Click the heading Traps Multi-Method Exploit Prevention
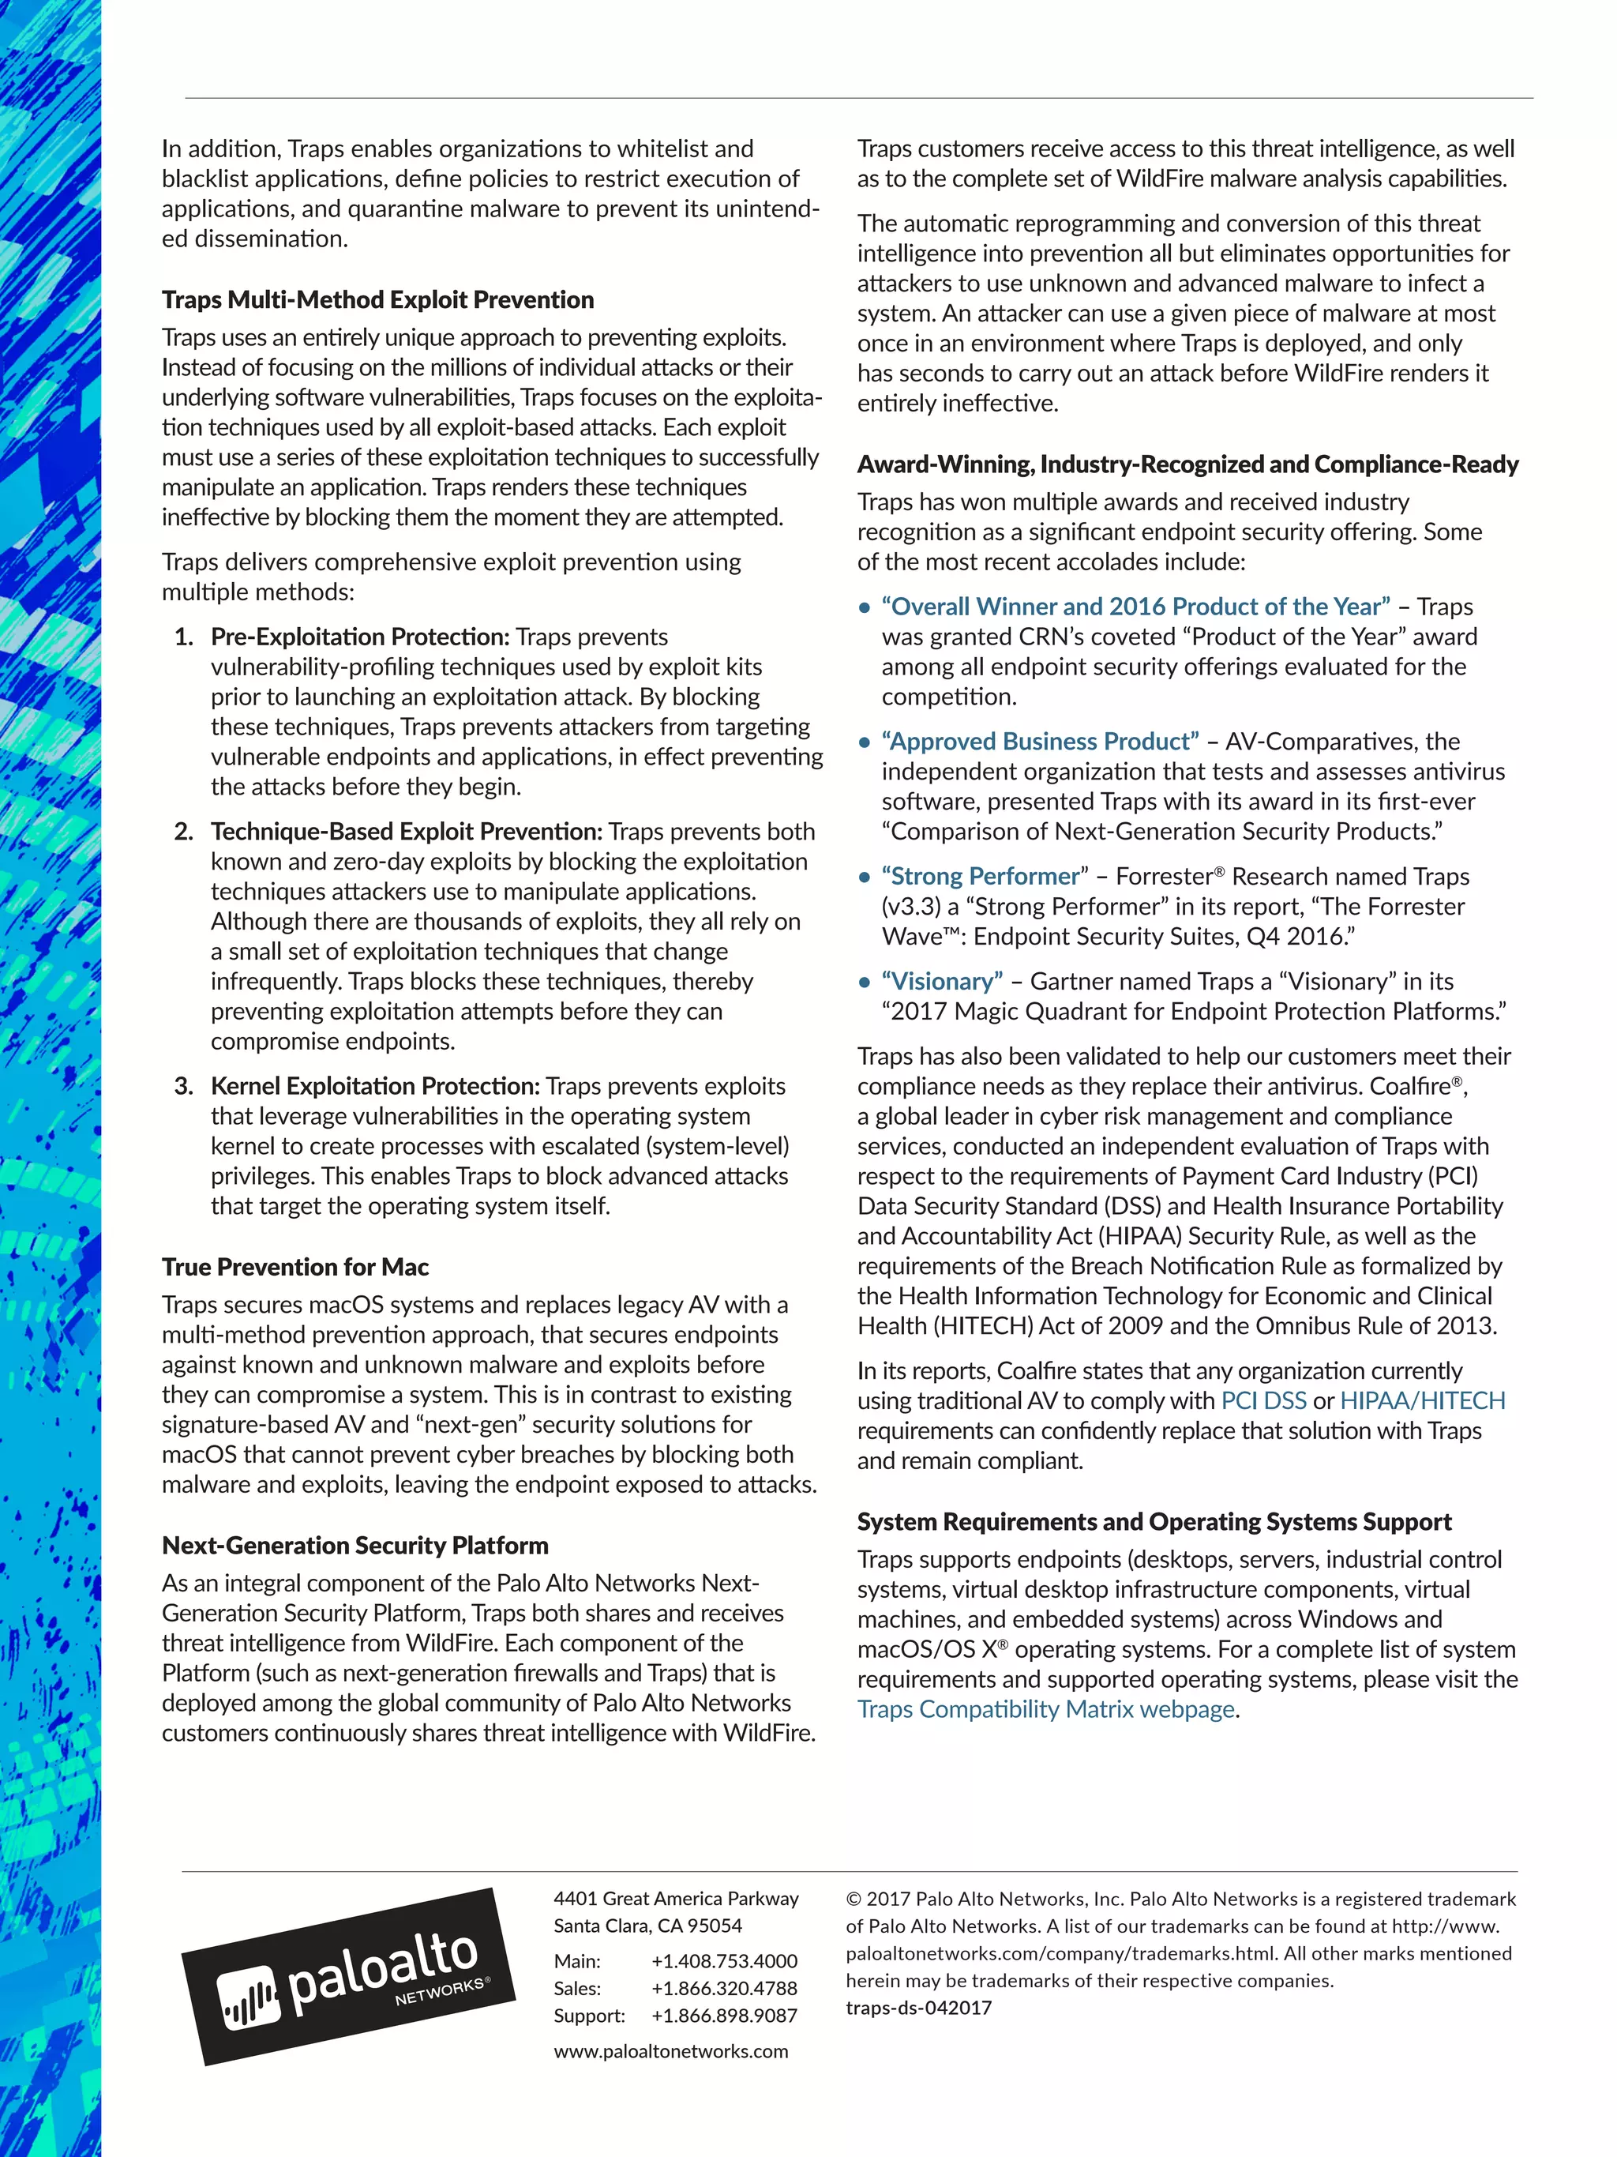coord(377,299)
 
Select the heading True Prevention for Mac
coord(295,1267)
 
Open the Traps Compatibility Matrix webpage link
coord(1046,1709)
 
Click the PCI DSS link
coord(1262,1401)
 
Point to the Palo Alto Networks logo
coord(348,1979)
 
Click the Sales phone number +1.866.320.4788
coord(723,1988)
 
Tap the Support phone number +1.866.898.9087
coord(723,2016)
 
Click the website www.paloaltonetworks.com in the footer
coord(670,2050)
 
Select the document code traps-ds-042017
coord(918,2008)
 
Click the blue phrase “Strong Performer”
coord(985,877)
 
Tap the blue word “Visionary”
coord(942,982)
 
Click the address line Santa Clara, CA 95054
coord(647,1926)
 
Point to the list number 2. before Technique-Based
coord(183,832)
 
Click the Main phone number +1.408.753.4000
coord(723,1961)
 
